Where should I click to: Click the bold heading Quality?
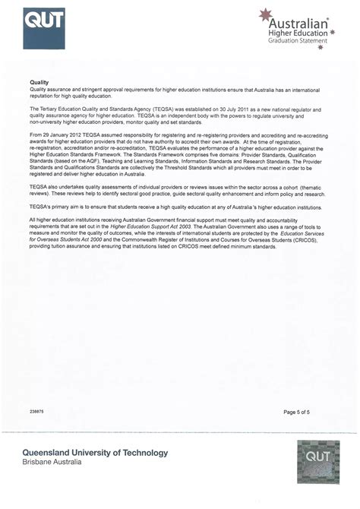pyautogui.click(x=39, y=82)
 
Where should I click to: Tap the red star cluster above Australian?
pyautogui.click(x=267, y=14)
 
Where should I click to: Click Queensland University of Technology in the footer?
pyautogui.click(x=95, y=453)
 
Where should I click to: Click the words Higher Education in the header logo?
pyautogui.click(x=298, y=33)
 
